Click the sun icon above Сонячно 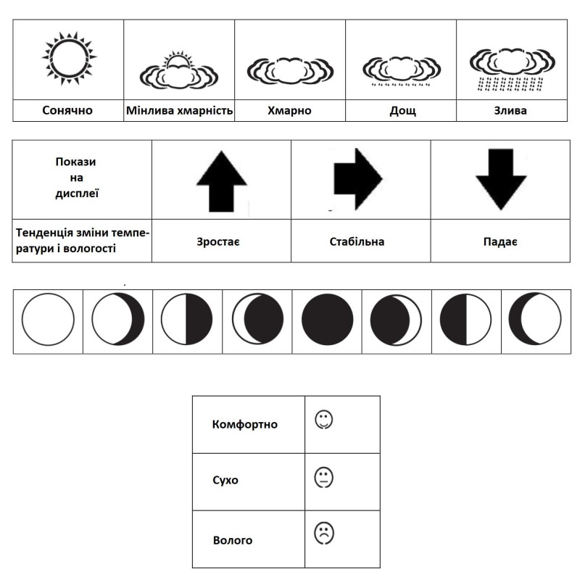tap(69, 58)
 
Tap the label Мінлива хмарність tap(179, 111)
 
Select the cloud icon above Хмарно tap(290, 70)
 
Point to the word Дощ tap(400, 111)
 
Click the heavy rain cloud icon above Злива tap(511, 69)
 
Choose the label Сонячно tap(68, 111)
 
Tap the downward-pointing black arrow tap(501, 178)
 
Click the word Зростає tap(221, 241)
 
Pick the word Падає tap(500, 241)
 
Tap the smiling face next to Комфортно tap(323, 420)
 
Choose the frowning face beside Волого tap(323, 534)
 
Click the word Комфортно tap(245, 424)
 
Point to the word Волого tap(233, 540)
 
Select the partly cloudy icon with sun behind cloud tap(179, 70)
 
